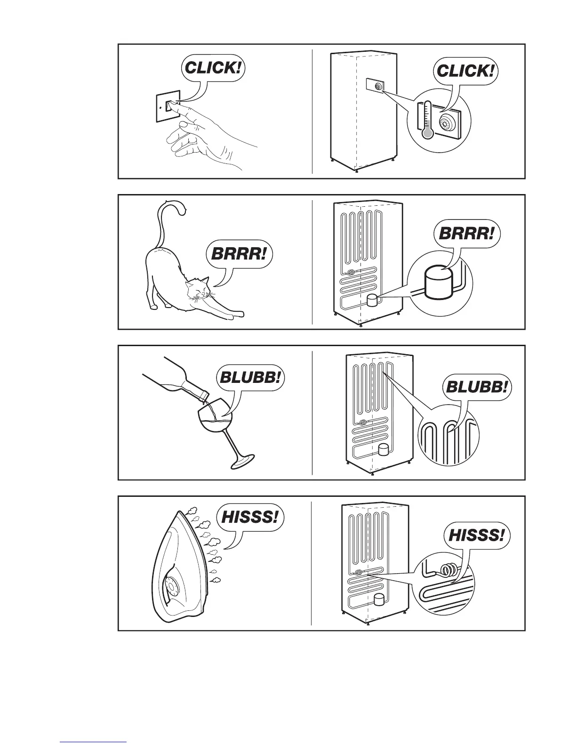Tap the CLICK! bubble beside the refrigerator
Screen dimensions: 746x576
(x=465, y=72)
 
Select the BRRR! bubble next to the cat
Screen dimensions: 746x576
(x=239, y=255)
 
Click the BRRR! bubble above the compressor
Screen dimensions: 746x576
(x=466, y=234)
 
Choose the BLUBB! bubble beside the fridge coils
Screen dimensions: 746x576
(x=477, y=388)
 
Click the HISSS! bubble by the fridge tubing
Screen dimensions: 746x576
(x=477, y=535)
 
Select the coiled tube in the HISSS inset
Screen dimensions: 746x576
(x=447, y=571)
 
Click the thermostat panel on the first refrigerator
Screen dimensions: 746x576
(x=375, y=86)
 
